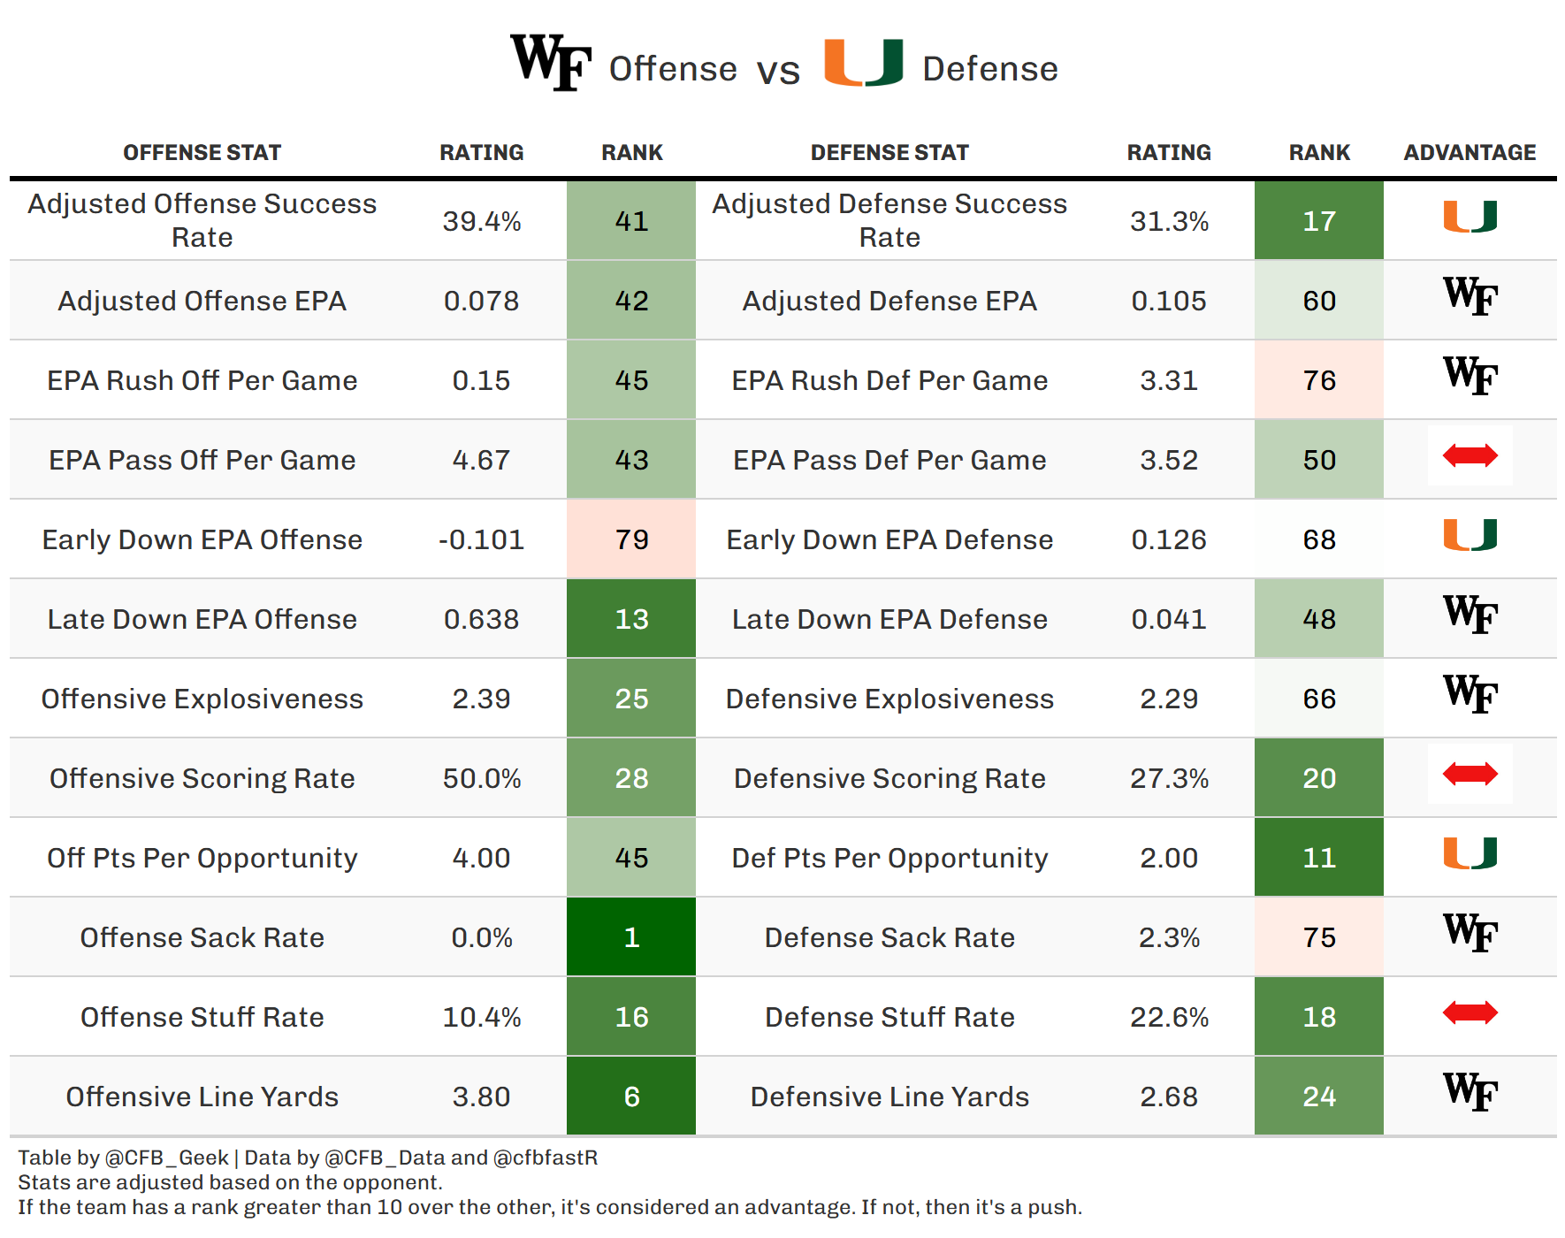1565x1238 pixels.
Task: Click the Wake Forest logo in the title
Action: (551, 62)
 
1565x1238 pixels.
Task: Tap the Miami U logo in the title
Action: (864, 62)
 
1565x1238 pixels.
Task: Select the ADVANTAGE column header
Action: (1470, 152)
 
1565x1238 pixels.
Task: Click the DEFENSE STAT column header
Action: (889, 152)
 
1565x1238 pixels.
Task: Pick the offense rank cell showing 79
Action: (631, 539)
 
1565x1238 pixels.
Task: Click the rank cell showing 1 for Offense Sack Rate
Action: (631, 936)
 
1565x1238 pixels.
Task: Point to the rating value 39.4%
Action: (482, 221)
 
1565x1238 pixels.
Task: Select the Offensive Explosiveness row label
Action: (202, 699)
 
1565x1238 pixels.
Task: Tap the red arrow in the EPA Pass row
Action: (1470, 455)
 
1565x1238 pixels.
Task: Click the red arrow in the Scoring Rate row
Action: (1470, 774)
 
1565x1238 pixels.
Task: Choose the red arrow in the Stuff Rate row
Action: (1470, 1013)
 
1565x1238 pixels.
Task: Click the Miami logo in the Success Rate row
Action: (1470, 217)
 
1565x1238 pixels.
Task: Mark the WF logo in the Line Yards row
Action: (1470, 1092)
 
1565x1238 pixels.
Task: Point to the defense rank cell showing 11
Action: (1319, 857)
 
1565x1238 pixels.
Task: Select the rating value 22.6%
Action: (1169, 1017)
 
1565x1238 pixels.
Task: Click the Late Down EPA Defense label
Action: (889, 619)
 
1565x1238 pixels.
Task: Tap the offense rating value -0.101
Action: (482, 539)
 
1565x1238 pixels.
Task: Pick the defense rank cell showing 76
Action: (1319, 379)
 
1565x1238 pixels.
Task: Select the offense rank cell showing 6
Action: (631, 1096)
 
